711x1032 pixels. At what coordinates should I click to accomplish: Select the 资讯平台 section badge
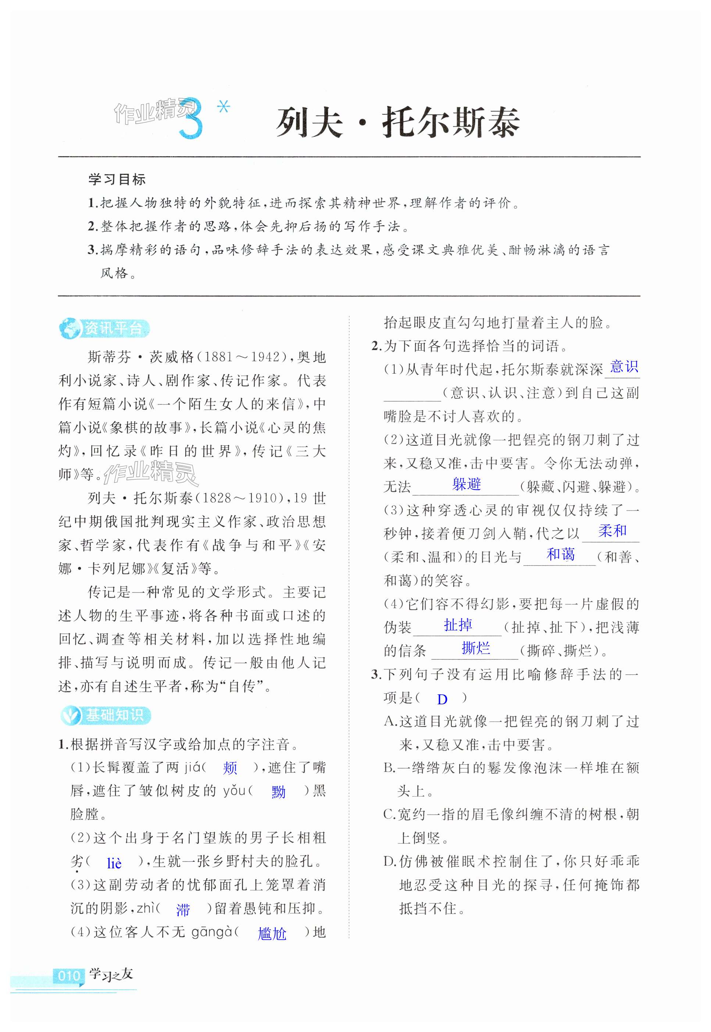tap(105, 328)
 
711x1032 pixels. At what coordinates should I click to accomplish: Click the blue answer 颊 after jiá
tap(230, 768)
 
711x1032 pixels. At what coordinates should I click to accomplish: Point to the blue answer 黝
tap(278, 792)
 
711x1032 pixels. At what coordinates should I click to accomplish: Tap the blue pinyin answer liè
tap(114, 864)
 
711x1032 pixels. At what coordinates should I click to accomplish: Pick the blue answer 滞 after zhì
tap(183, 910)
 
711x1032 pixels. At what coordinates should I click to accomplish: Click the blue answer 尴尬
tap(272, 933)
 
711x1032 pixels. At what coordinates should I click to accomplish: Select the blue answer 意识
tap(624, 367)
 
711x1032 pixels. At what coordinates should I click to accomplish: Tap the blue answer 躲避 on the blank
tap(467, 484)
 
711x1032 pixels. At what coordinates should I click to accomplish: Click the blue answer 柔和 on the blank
tap(612, 531)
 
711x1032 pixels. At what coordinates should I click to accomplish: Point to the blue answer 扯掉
tap(457, 625)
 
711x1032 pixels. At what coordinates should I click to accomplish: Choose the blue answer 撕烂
tap(476, 648)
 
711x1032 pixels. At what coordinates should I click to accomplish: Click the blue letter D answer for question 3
tap(442, 699)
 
